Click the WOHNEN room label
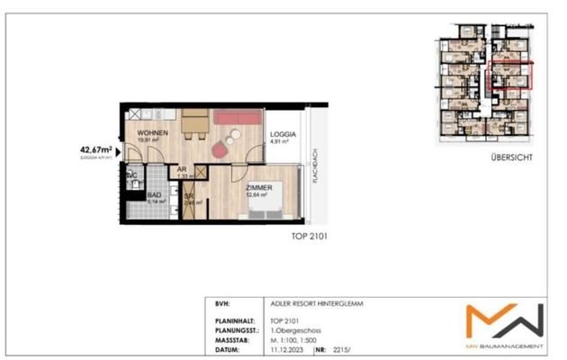pos(153,133)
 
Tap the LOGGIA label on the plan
pos(282,133)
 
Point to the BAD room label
pos(155,194)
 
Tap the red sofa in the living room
pos(238,118)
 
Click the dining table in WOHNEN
pos(193,126)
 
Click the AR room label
pos(181,169)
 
